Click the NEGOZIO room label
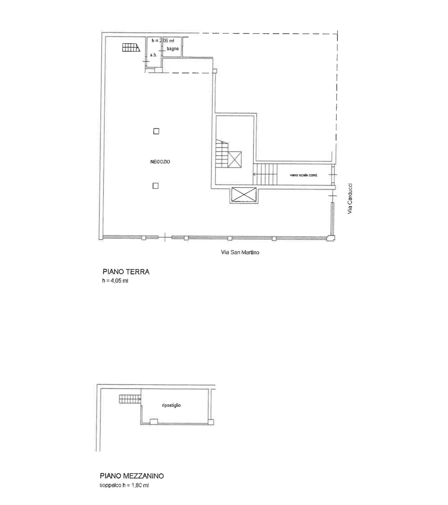160,162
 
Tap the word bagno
173,49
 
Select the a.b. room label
153,55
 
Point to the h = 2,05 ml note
163,41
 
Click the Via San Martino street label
240,252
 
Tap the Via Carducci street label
350,199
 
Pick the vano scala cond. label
304,175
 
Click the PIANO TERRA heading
126,272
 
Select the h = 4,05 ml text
115,281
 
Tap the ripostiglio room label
171,405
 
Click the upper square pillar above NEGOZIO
156,131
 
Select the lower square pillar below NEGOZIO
155,186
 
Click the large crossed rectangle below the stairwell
244,195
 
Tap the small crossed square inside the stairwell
234,159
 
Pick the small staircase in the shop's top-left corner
131,47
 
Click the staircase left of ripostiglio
130,399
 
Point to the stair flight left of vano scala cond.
265,174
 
